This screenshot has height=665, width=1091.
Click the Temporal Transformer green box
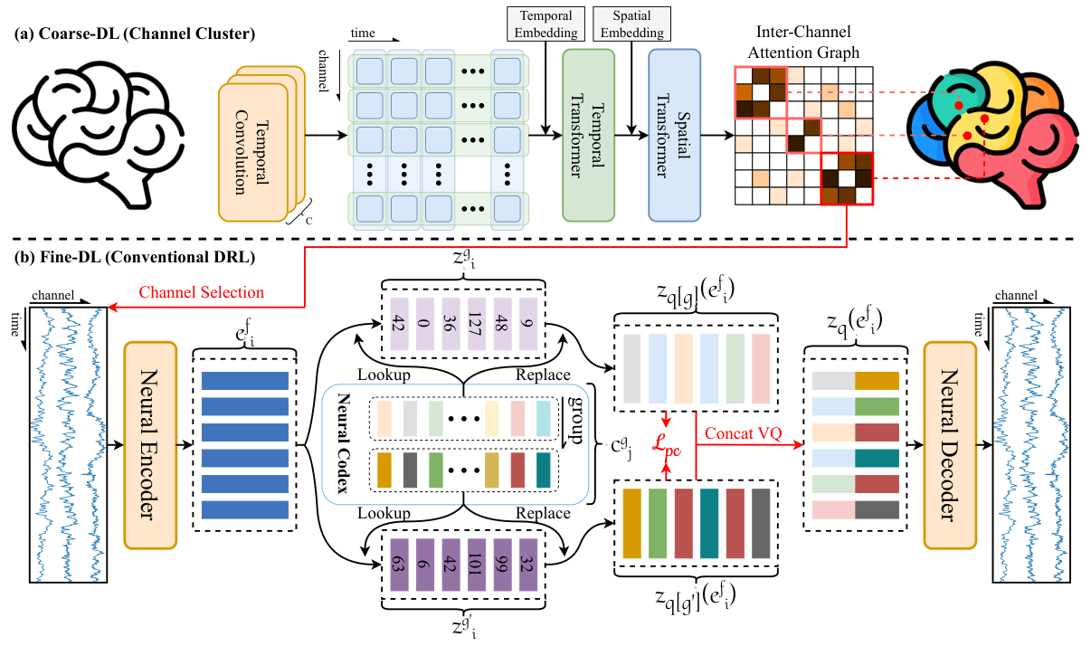click(588, 135)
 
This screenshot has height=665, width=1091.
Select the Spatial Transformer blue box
click(674, 135)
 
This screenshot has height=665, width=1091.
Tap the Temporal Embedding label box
click(545, 23)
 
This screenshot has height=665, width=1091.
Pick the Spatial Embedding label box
click(631, 23)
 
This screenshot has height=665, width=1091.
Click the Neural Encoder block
click(151, 445)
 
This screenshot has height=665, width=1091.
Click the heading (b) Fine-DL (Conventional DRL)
click(135, 256)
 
